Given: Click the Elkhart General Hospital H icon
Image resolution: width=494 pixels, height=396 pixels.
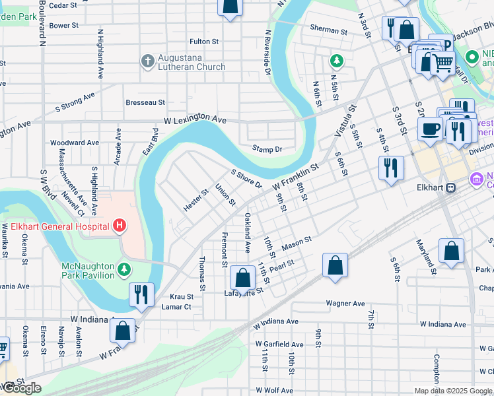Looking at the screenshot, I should pos(120,226).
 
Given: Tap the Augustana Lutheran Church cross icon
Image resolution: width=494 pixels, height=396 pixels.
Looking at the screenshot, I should pos(147,61).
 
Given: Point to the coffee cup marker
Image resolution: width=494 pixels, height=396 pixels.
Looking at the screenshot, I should pos(430,129).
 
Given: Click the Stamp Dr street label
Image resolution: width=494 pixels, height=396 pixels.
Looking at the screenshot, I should pos(267,149).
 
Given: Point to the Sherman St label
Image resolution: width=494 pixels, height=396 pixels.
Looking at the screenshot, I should pos(329,30).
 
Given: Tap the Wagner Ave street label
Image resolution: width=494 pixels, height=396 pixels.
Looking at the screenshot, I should pos(345,304).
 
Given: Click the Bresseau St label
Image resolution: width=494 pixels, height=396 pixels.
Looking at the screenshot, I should pos(145,103).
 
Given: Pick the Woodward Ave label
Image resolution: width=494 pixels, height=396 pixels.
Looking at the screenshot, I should pos(75,143).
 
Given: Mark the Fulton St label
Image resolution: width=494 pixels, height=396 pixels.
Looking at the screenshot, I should pos(204,42).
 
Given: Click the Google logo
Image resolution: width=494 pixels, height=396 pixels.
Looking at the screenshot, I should pos(22,388).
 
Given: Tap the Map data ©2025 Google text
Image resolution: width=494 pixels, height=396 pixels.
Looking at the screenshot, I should pos(453,391).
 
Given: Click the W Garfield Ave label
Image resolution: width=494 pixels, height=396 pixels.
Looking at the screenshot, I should pos(280,345).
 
